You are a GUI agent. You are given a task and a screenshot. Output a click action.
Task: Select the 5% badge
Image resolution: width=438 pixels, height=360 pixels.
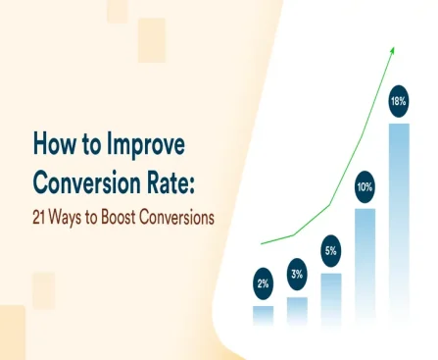tap(331, 251)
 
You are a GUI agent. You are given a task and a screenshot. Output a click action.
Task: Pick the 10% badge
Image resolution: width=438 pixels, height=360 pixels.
tap(365, 186)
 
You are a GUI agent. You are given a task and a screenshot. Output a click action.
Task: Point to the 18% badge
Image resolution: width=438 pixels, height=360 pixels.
tap(399, 102)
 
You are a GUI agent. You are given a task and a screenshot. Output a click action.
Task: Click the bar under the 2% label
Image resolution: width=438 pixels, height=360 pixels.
tap(263, 315)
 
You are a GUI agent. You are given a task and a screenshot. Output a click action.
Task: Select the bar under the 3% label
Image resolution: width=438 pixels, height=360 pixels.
tap(297, 311)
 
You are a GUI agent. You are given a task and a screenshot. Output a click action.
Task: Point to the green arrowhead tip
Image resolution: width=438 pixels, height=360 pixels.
tap(393, 45)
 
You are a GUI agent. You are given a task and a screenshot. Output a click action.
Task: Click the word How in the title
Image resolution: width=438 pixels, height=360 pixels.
tap(56, 144)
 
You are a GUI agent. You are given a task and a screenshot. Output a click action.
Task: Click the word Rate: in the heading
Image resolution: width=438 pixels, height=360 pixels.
tap(179, 182)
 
